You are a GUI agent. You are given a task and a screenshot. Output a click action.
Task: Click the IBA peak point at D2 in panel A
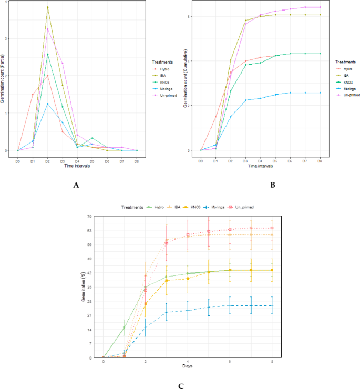point(47,7)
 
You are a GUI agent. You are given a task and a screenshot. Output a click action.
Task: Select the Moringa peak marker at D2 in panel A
point(47,104)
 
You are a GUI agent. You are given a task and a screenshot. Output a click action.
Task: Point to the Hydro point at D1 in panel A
point(33,95)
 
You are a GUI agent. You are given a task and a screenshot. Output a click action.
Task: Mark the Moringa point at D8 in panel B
point(320,93)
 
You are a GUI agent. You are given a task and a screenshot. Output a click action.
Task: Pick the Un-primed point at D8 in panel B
point(320,7)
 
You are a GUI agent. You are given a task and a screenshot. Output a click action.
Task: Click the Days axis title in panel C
point(188,366)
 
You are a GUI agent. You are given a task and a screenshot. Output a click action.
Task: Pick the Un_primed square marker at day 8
point(272,228)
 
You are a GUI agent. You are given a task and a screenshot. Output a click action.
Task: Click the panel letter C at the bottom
point(180,385)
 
